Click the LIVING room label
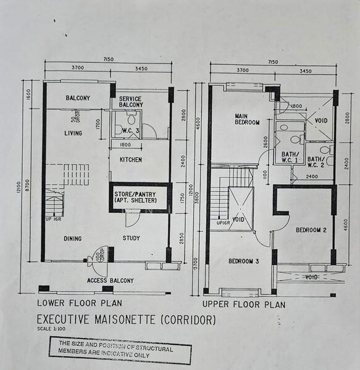point(73,133)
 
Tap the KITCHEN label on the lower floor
point(130,160)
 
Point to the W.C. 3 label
point(130,130)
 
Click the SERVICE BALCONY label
point(131,102)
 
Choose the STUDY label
point(131,238)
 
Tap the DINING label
point(73,238)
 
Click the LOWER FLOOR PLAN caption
point(79,303)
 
